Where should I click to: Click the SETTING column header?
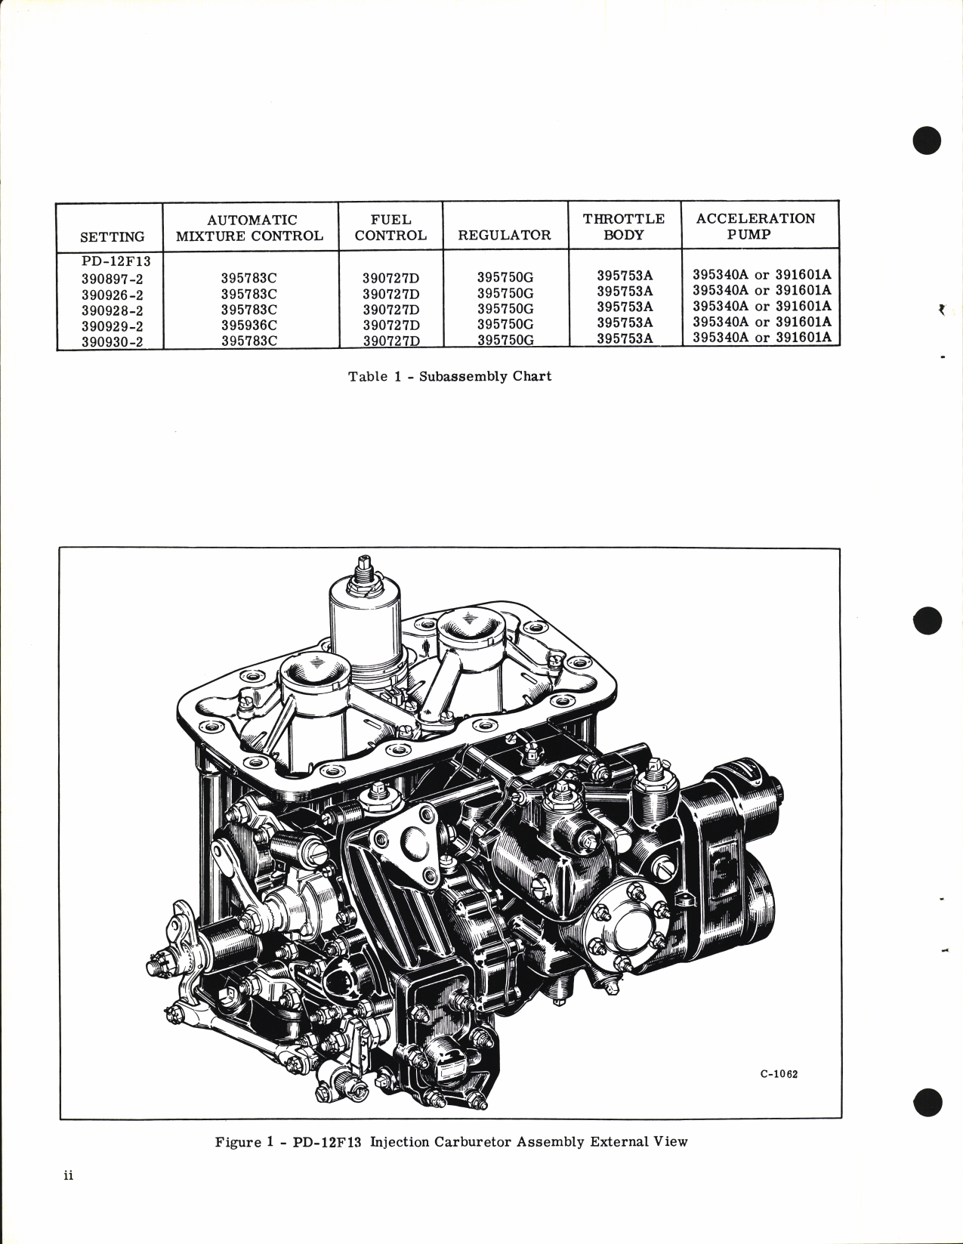point(112,236)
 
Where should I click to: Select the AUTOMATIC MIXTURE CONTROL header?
point(249,227)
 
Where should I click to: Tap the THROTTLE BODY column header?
point(624,227)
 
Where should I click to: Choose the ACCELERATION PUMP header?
point(755,226)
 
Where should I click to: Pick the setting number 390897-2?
point(112,279)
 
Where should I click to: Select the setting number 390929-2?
point(112,326)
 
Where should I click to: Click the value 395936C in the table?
point(249,326)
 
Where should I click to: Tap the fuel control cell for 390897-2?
point(390,278)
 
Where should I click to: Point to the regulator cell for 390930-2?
point(505,340)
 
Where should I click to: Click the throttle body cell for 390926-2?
point(625,291)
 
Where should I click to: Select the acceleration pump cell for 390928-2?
point(761,306)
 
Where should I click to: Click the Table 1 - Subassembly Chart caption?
point(449,376)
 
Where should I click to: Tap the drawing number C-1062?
point(779,1074)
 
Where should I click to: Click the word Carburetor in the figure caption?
point(473,1141)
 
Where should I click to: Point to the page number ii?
point(68,1197)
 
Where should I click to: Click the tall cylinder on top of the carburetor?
point(365,619)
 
